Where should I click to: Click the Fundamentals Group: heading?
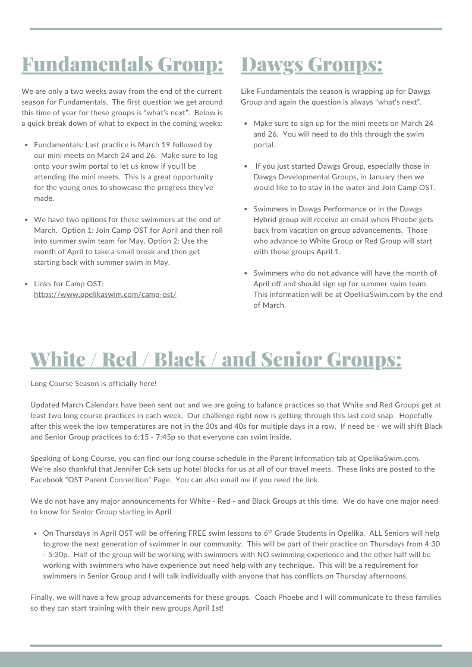(122, 64)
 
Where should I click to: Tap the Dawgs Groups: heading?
(311, 64)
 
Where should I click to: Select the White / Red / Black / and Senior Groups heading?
(216, 359)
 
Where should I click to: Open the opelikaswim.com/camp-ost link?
(105, 295)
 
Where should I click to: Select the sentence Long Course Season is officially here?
(93, 384)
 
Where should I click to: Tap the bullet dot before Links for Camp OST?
(26, 284)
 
